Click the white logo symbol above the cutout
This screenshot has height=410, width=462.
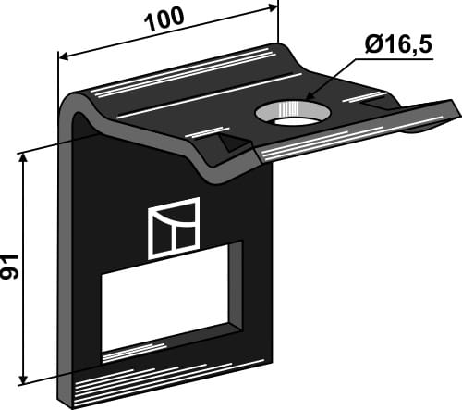(173, 228)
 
